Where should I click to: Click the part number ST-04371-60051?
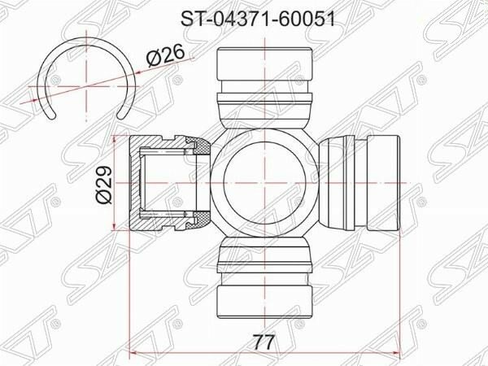point(258,19)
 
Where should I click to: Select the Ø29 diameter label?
point(104,185)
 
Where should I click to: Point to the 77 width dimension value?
point(263,342)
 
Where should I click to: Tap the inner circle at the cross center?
point(264,183)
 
